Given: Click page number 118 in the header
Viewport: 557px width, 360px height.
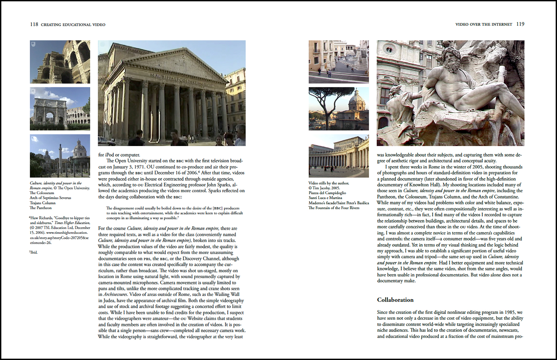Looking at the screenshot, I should pyautogui.click(x=34, y=24).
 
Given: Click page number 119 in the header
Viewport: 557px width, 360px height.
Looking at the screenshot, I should pyautogui.click(x=520, y=24).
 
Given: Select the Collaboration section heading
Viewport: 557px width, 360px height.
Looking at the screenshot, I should pyautogui.click(x=395, y=300).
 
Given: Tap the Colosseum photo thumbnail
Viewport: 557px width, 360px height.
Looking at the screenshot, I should pyautogui.click(x=60, y=62).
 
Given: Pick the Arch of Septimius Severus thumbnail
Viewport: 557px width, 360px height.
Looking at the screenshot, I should pyautogui.click(x=60, y=109).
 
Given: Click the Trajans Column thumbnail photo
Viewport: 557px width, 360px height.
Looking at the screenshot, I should pyautogui.click(x=60, y=156).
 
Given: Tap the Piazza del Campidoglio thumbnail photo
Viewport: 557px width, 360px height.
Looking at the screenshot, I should pyautogui.click(x=339, y=62).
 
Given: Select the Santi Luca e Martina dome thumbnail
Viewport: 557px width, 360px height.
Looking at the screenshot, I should pyautogui.click(x=339, y=109).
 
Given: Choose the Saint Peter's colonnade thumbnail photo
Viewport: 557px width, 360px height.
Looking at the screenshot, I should pyautogui.click(x=339, y=156).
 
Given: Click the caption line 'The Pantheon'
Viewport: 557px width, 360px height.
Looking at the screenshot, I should pyautogui.click(x=41, y=208).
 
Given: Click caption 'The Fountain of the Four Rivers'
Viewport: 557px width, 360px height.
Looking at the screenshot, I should pyautogui.click(x=334, y=208).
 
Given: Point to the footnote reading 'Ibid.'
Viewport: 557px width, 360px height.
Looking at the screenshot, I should pyautogui.click(x=33, y=252).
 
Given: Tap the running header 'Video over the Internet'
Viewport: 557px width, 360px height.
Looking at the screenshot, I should pyautogui.click(x=484, y=24).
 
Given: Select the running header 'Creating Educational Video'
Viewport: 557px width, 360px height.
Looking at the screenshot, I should pyautogui.click(x=73, y=25).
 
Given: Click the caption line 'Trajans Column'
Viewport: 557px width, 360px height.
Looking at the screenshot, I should pyautogui.click(x=43, y=203).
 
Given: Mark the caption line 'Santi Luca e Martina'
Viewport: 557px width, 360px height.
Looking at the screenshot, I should pyautogui.click(x=325, y=198).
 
